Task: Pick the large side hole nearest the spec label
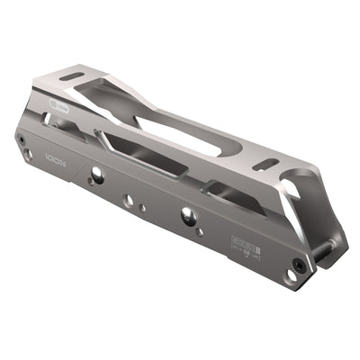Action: pyautogui.click(x=187, y=214)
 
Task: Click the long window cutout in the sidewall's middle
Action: pyautogui.click(x=144, y=154)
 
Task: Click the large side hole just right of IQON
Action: pyautogui.click(x=95, y=177)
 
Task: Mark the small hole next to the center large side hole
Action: pyautogui.click(x=143, y=208)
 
